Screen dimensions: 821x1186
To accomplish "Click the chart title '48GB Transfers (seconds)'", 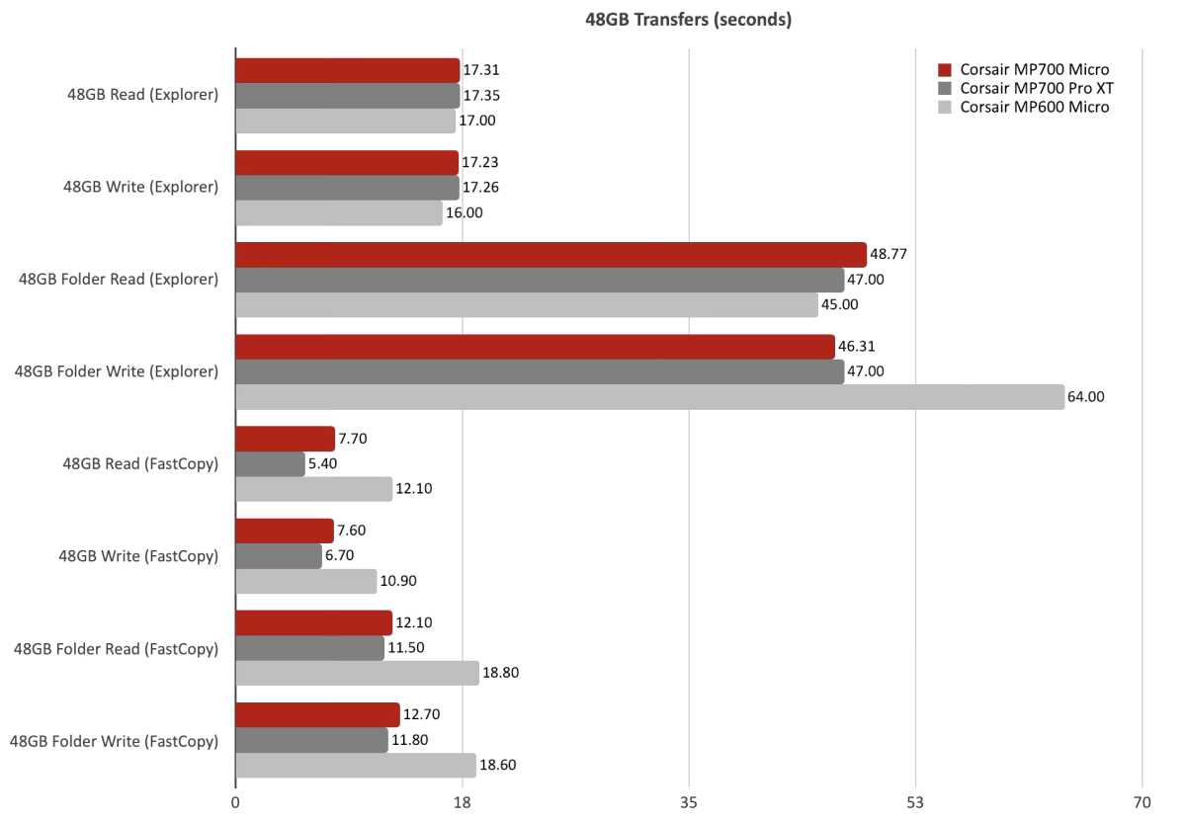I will pyautogui.click(x=688, y=19).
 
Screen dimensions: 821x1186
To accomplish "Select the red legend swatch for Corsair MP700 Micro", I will pyautogui.click(x=944, y=70).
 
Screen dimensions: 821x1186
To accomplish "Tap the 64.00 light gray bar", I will pyautogui.click(x=649, y=397).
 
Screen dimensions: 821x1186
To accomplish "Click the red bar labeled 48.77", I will pyautogui.click(x=551, y=254).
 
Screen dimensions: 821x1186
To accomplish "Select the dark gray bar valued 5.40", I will pyautogui.click(x=270, y=463).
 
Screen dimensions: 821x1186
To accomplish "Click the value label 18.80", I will pyautogui.click(x=500, y=673).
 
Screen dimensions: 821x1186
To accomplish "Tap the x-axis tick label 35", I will pyautogui.click(x=689, y=803).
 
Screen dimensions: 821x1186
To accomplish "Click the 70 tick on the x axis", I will pyautogui.click(x=1142, y=803).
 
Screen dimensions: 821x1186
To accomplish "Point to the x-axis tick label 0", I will pyautogui.click(x=235, y=803).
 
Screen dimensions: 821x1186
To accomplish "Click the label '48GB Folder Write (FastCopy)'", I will pyautogui.click(x=114, y=740).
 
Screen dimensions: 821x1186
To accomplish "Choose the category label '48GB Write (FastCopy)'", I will pyautogui.click(x=138, y=555).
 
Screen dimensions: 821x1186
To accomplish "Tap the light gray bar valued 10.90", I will pyautogui.click(x=305, y=581).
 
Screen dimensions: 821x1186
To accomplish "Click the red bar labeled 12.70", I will pyautogui.click(x=317, y=715).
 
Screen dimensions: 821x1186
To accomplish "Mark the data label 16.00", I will pyautogui.click(x=465, y=212).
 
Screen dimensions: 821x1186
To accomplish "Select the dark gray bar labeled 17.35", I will pyautogui.click(x=347, y=96).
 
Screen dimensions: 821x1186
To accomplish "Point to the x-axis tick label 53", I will pyautogui.click(x=915, y=803).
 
